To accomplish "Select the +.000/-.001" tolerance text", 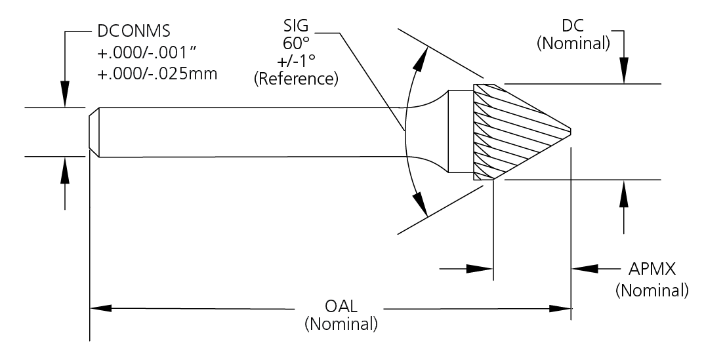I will coord(148,53).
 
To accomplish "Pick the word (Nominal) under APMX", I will coord(652,289).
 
